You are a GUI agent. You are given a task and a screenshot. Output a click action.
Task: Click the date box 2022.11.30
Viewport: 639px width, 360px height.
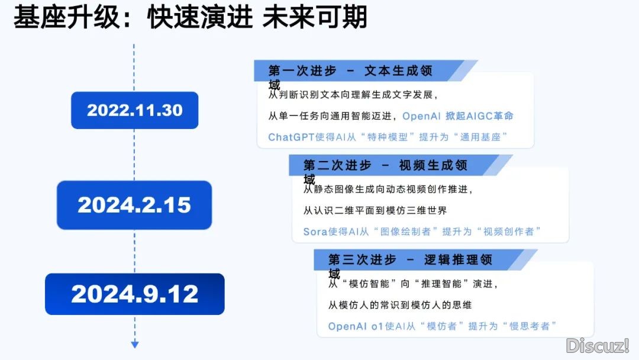(x=134, y=110)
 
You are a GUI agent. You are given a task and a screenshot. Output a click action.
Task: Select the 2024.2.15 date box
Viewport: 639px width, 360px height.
(x=134, y=205)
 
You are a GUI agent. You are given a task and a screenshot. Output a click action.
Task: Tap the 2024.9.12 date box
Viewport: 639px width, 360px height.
(x=134, y=294)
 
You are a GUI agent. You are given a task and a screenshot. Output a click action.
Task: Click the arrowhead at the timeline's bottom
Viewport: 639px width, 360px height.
(x=135, y=345)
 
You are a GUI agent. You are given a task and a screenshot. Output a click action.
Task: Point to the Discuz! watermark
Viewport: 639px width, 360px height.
(x=598, y=346)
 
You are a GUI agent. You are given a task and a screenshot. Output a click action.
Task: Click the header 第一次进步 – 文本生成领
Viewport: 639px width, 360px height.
(x=350, y=70)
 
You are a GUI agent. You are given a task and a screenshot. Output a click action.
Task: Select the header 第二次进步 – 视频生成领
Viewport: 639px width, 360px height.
(x=385, y=165)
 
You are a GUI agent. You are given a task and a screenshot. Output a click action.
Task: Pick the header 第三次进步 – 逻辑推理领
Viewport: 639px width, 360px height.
(x=410, y=259)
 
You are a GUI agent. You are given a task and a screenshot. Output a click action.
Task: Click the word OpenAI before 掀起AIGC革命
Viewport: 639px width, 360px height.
(x=421, y=116)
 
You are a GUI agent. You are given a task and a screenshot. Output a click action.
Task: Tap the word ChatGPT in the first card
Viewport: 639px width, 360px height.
(x=291, y=137)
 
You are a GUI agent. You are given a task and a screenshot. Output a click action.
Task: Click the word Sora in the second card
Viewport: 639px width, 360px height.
(x=315, y=232)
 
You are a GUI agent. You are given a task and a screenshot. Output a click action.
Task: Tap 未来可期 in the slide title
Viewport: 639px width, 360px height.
(x=315, y=17)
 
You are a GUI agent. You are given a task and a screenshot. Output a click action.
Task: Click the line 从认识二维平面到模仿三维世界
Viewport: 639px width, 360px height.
(x=375, y=210)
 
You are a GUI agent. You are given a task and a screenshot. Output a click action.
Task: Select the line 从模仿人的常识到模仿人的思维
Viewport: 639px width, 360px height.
(x=400, y=305)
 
